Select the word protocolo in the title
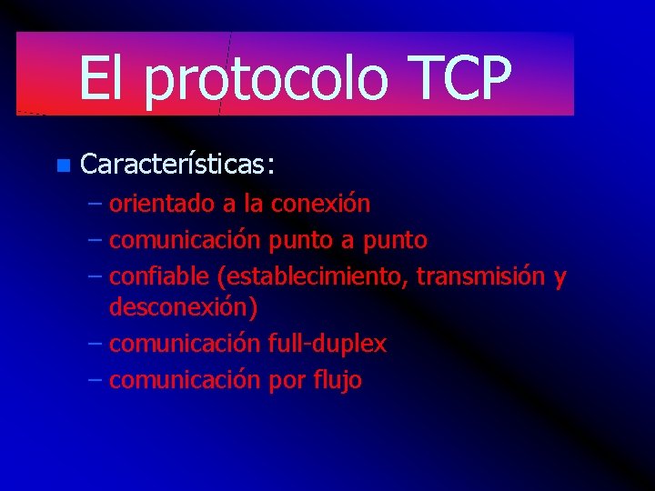coord(266,80)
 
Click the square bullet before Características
coord(61,165)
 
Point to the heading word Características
coord(177,165)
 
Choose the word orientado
coord(158,204)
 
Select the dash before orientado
coord(96,205)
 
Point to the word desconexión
coord(183,307)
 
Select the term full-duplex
coord(327,344)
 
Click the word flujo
coord(338,380)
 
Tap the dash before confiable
coord(96,277)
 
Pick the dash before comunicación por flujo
coord(96,381)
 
